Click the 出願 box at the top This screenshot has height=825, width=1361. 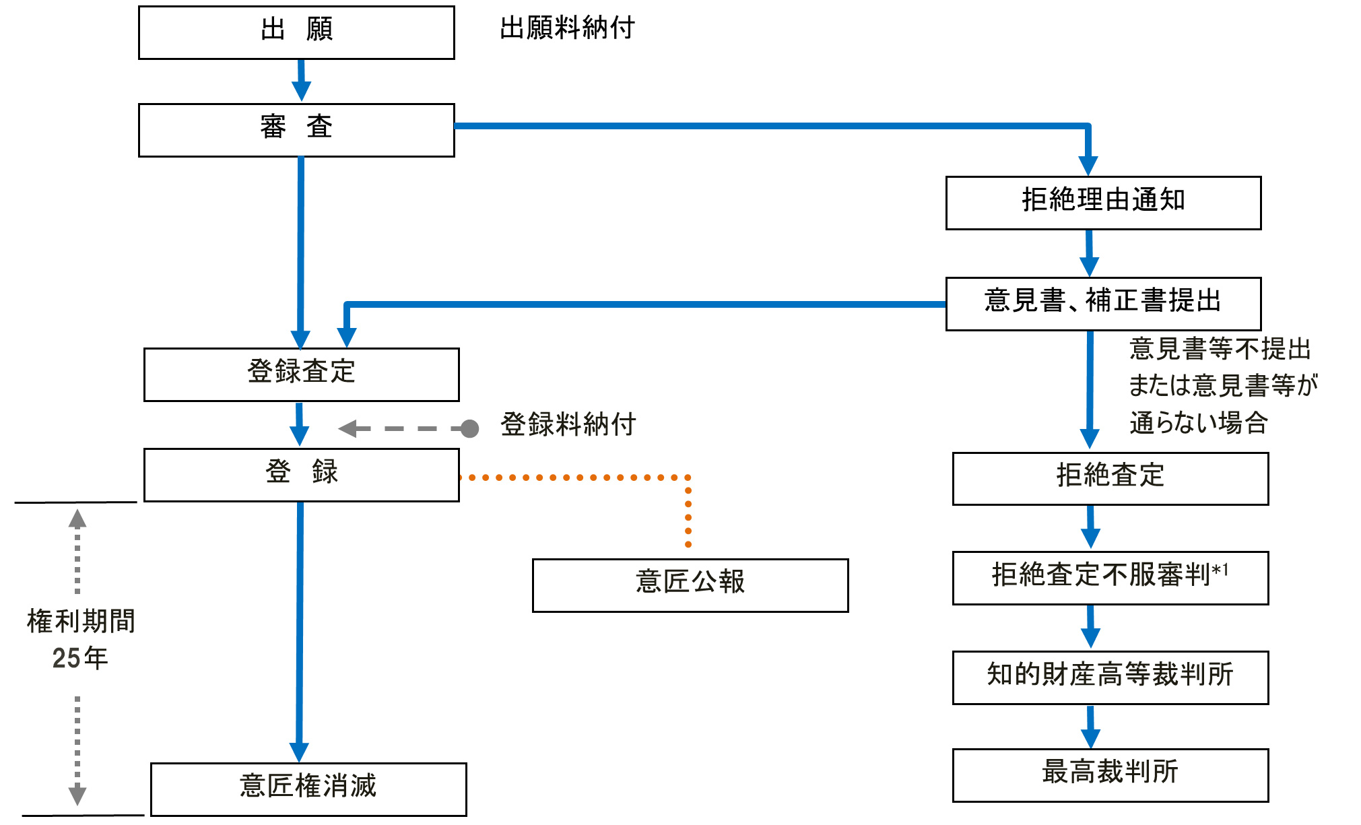tap(296, 32)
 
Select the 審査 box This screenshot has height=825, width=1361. tap(296, 130)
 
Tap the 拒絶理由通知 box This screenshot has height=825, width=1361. tap(1103, 203)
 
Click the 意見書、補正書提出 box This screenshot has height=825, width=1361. tap(1103, 303)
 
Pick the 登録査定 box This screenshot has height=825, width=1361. tap(301, 374)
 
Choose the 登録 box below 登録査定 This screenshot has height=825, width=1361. tap(301, 475)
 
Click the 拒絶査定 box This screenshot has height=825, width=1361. tap(1110, 478)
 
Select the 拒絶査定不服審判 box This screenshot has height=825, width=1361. tap(1110, 578)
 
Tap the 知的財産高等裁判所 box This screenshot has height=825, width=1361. tap(1110, 678)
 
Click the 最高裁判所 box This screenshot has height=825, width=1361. tap(1110, 775)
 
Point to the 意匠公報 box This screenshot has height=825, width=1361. tap(690, 585)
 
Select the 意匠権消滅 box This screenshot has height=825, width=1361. tap(308, 789)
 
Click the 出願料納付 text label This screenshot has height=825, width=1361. tap(567, 28)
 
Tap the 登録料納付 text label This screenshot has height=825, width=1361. tap(568, 425)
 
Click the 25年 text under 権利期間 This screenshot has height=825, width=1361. tap(79, 658)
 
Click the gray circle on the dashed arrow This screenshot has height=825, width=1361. tap(469, 428)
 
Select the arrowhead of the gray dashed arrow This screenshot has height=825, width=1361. tap(348, 428)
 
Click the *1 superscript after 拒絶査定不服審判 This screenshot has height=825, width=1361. tap(1220, 571)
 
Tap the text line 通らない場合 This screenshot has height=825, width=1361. tap(1199, 423)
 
